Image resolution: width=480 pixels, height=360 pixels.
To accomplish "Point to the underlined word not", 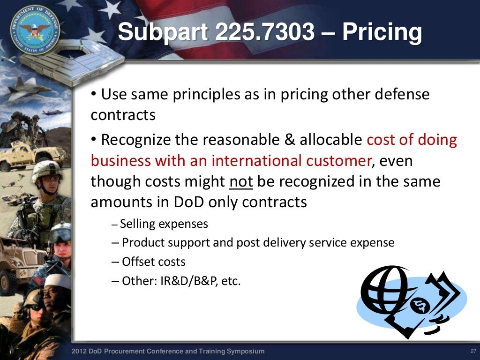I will click(x=241, y=182).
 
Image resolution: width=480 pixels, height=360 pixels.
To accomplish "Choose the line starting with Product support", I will click(x=258, y=243).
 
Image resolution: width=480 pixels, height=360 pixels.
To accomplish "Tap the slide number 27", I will click(x=472, y=352).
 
